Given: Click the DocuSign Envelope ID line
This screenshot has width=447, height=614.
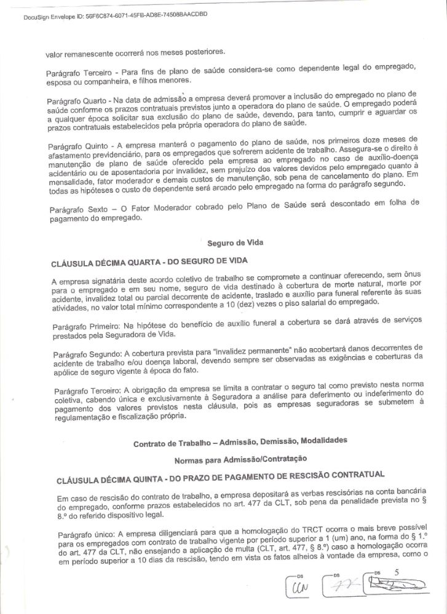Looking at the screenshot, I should pos(114,14).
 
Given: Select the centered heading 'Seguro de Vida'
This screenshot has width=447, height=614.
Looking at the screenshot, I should pos(235,243).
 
